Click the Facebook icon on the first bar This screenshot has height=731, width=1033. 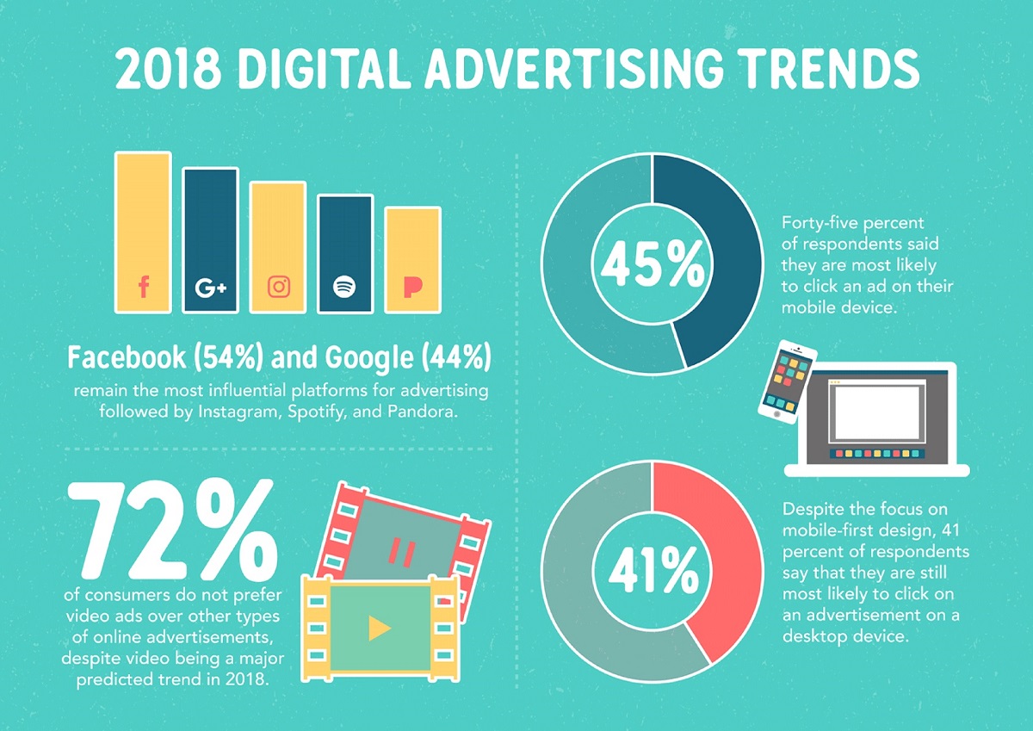pos(143,287)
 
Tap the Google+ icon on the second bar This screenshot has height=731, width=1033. pos(210,287)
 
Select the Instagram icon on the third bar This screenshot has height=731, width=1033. pos(278,287)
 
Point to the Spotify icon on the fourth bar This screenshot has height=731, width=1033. pos(344,287)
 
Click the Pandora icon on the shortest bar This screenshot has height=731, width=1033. pos(412,287)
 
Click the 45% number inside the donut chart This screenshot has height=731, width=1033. pos(652,265)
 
